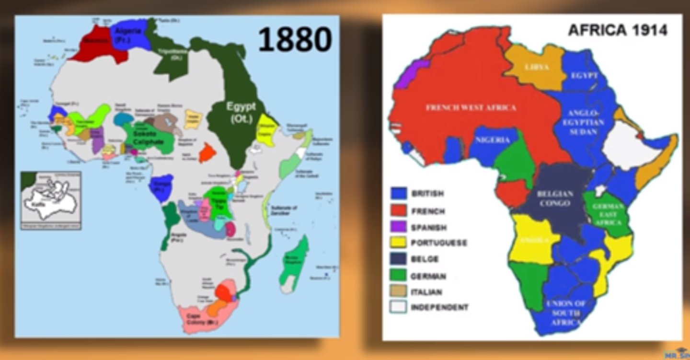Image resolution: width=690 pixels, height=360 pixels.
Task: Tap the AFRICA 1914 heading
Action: point(617,30)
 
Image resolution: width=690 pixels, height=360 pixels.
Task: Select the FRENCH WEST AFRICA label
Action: point(471,107)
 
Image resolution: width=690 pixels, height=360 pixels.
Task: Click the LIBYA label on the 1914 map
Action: point(536,67)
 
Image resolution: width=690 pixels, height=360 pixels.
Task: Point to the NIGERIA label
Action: point(492,139)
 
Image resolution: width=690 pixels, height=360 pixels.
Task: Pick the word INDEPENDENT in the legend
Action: point(439,307)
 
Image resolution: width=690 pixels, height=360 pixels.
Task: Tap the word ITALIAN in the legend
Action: point(426,291)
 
